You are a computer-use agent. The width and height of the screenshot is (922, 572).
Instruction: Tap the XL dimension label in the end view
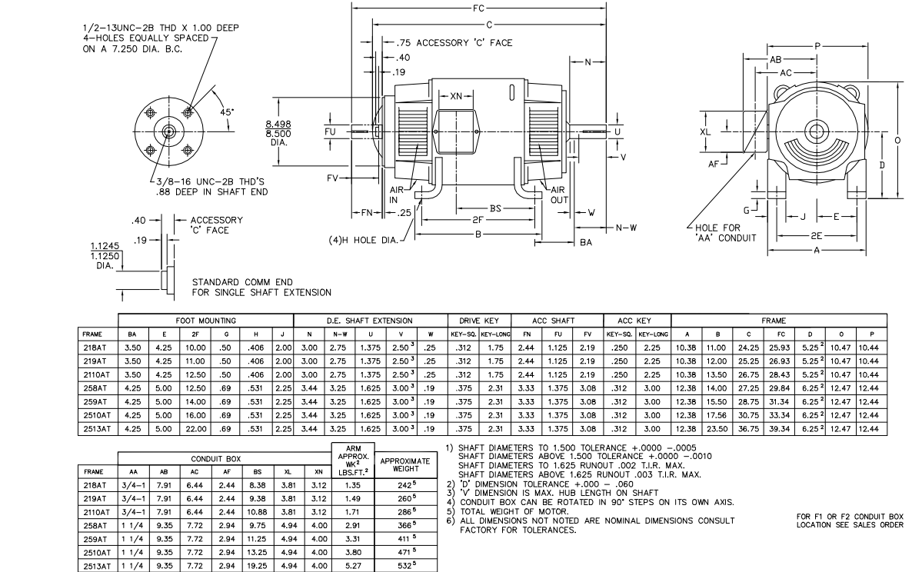(706, 131)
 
